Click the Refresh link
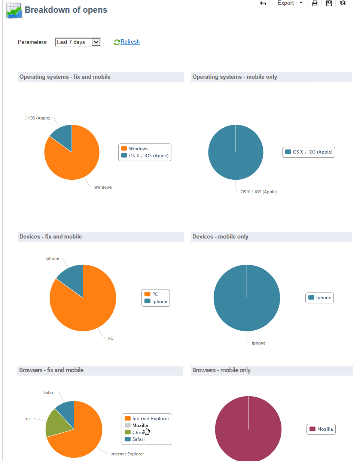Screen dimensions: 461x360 (x=129, y=42)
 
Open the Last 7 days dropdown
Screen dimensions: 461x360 (x=78, y=42)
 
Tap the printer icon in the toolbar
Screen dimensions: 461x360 (x=315, y=3)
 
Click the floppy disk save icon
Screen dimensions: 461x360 (x=329, y=3)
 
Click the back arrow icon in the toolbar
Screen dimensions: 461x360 (x=263, y=3)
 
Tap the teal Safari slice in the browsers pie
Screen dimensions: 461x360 (x=66, y=409)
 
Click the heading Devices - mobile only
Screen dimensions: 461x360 (x=220, y=237)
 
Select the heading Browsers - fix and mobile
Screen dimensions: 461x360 (x=51, y=370)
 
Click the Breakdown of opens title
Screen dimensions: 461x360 (x=66, y=10)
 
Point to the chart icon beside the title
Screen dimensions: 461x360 (x=14, y=10)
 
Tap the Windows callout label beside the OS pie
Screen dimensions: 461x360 (x=103, y=187)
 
